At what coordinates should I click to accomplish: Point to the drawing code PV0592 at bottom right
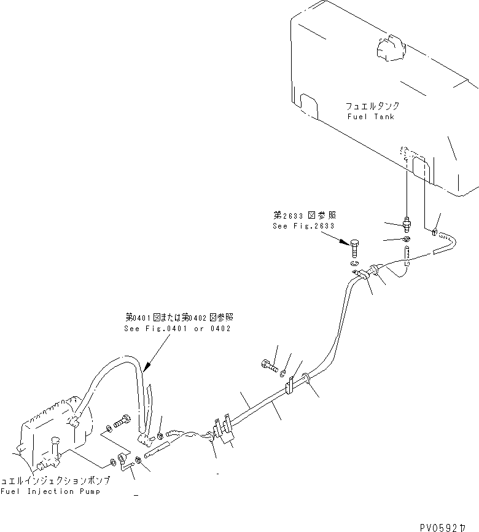(448, 526)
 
